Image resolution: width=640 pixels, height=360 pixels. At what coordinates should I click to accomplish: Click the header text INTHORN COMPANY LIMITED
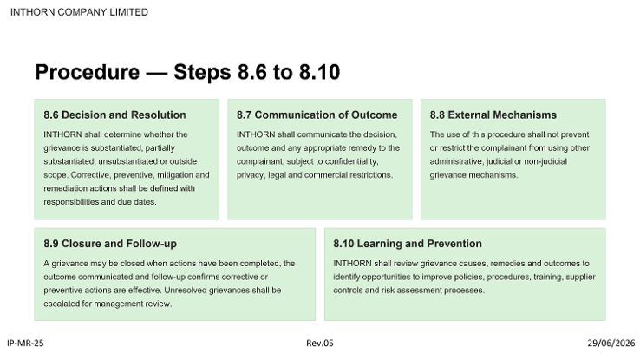point(79,12)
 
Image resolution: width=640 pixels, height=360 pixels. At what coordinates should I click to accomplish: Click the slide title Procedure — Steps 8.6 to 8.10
point(187,72)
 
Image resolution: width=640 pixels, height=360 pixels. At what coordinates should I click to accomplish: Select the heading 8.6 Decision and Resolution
point(114,115)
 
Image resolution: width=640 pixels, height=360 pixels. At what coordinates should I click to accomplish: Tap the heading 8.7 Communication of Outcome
point(317,115)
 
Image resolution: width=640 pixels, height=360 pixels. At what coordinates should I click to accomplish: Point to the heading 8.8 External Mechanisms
point(493,115)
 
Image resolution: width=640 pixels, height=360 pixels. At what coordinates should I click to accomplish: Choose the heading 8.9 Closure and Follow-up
point(110,244)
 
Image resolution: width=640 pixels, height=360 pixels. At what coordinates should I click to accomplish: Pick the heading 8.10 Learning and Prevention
point(408,244)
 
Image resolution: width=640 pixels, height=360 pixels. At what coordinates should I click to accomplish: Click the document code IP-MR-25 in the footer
point(25,343)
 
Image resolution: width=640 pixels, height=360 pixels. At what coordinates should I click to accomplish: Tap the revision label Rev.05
point(320,343)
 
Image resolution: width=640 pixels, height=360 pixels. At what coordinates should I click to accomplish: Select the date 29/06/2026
point(611,343)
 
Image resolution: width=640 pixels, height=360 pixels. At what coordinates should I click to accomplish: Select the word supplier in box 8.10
point(580,277)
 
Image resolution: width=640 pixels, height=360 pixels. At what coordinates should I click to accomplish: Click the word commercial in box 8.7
point(328,174)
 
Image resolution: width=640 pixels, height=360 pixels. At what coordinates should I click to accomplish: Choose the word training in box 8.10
point(548,277)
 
